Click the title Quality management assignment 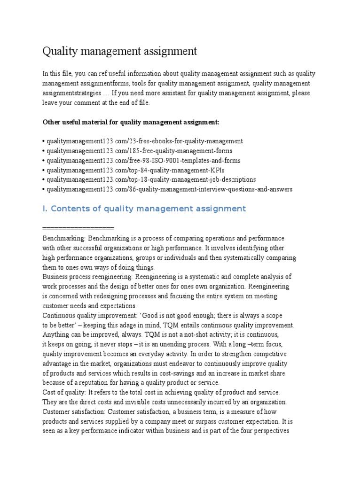pos(120,51)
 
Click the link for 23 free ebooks pos(144,141)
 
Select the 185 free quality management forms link pos(139,151)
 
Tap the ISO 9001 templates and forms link pos(143,160)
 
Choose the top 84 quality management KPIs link pos(134,170)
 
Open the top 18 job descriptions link pos(150,179)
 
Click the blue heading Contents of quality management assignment pos(144,209)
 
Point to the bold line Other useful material pos(131,122)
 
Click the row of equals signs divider pos(78,228)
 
